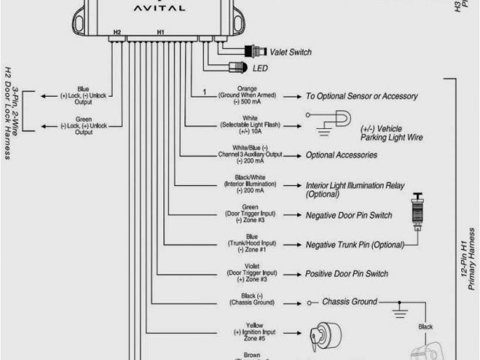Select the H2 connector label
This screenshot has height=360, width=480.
coord(116,32)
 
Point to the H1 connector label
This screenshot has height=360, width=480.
coord(160,32)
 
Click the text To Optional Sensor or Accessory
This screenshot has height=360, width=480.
coord(361,97)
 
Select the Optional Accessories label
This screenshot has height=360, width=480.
coord(341,155)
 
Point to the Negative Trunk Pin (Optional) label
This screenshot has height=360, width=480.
coord(355,244)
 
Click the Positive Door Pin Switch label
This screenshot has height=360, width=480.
coord(346,274)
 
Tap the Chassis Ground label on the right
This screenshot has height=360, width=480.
coord(350,302)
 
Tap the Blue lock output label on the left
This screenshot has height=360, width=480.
coord(83,96)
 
